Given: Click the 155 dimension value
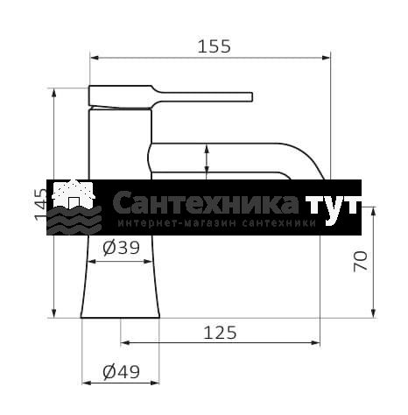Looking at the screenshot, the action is click(x=215, y=46).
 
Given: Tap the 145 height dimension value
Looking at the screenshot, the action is click(x=41, y=205).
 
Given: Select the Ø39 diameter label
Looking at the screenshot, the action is click(x=122, y=248).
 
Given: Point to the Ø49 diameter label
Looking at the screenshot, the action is click(x=122, y=372).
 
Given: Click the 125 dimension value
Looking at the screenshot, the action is click(x=220, y=333).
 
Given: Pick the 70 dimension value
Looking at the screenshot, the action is click(x=361, y=262).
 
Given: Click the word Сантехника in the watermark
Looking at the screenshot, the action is click(x=206, y=203).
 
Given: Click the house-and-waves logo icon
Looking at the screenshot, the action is click(x=74, y=207).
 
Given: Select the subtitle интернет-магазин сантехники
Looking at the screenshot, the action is click(x=217, y=223).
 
